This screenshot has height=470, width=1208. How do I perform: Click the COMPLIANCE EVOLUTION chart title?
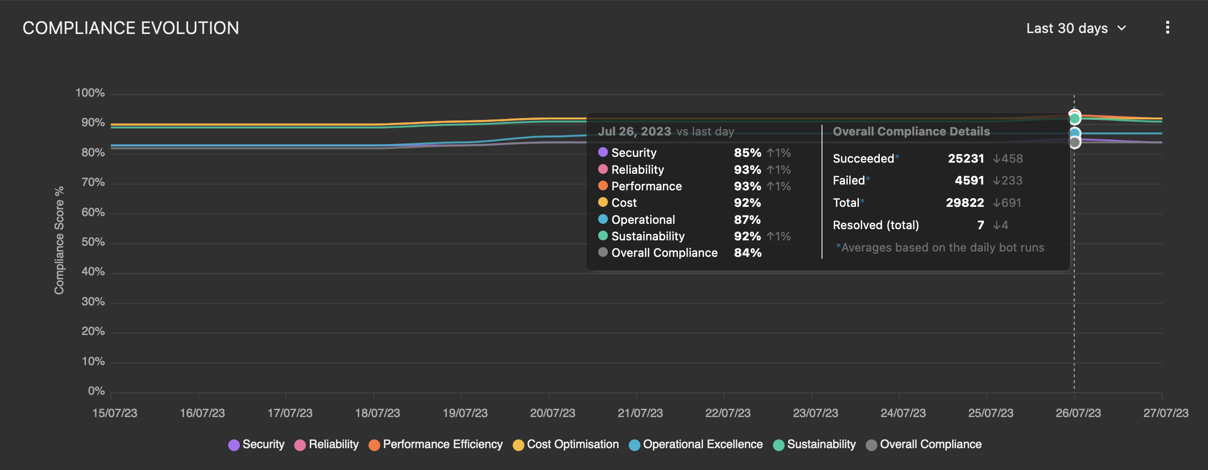[x=131, y=28]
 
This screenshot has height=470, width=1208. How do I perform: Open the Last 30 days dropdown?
[x=1075, y=28]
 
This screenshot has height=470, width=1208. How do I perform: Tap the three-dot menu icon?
[x=1167, y=28]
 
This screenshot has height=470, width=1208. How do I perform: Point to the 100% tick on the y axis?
[x=90, y=93]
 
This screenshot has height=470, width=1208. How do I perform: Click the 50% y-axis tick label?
[x=93, y=242]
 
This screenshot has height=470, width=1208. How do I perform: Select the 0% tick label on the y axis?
[x=96, y=391]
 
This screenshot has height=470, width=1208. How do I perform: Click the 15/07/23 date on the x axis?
[x=115, y=413]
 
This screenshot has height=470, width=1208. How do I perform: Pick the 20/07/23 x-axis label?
[x=553, y=413]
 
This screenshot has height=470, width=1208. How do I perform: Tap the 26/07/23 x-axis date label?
[x=1078, y=413]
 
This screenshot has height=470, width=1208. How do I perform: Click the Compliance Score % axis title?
[x=59, y=240]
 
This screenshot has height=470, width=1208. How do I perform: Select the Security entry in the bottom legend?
[x=256, y=444]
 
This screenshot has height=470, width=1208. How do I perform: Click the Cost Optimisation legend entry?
[x=566, y=444]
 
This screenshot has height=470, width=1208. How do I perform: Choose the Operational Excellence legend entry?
[x=696, y=444]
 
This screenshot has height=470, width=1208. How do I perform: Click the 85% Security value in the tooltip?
[x=747, y=153]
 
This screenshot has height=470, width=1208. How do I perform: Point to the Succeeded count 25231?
[x=966, y=159]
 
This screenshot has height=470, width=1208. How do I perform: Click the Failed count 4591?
[x=969, y=181]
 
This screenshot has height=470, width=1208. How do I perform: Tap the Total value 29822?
[x=965, y=203]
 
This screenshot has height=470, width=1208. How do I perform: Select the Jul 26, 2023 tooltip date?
[x=634, y=132]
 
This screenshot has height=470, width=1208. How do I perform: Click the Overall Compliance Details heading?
[x=911, y=132]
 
